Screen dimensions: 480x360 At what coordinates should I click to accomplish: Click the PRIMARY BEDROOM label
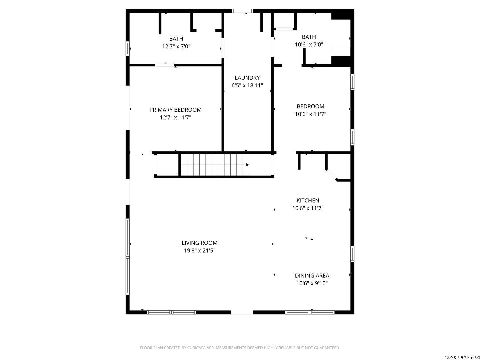click(x=175, y=110)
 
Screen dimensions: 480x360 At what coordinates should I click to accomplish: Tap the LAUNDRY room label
click(x=247, y=78)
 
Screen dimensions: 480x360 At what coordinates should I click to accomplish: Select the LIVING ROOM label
click(x=199, y=243)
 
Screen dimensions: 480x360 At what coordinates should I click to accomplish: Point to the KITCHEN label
click(x=308, y=200)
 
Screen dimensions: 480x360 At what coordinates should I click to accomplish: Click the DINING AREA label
click(x=312, y=276)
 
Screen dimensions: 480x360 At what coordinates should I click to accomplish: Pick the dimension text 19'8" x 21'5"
click(x=199, y=250)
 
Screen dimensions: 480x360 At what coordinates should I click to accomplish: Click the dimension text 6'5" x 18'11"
click(x=247, y=85)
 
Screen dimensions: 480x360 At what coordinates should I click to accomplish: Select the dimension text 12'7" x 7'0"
click(x=176, y=47)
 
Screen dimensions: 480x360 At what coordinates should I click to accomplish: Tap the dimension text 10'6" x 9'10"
click(x=312, y=283)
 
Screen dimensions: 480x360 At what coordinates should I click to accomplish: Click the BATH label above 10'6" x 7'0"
click(x=309, y=37)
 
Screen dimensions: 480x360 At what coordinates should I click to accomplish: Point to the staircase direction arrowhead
click(x=248, y=165)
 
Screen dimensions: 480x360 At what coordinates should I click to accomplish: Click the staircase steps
click(x=215, y=165)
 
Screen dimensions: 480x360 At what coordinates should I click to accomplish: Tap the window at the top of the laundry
click(x=243, y=11)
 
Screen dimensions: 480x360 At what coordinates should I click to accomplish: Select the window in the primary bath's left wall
click(x=127, y=48)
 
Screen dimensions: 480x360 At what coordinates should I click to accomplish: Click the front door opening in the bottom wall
click(x=242, y=312)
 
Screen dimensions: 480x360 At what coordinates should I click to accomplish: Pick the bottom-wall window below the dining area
click(x=310, y=312)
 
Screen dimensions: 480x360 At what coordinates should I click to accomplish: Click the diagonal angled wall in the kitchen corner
click(x=331, y=175)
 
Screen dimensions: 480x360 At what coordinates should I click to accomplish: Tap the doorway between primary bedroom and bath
click(x=164, y=65)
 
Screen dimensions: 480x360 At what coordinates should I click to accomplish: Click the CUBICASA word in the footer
click(x=196, y=348)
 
